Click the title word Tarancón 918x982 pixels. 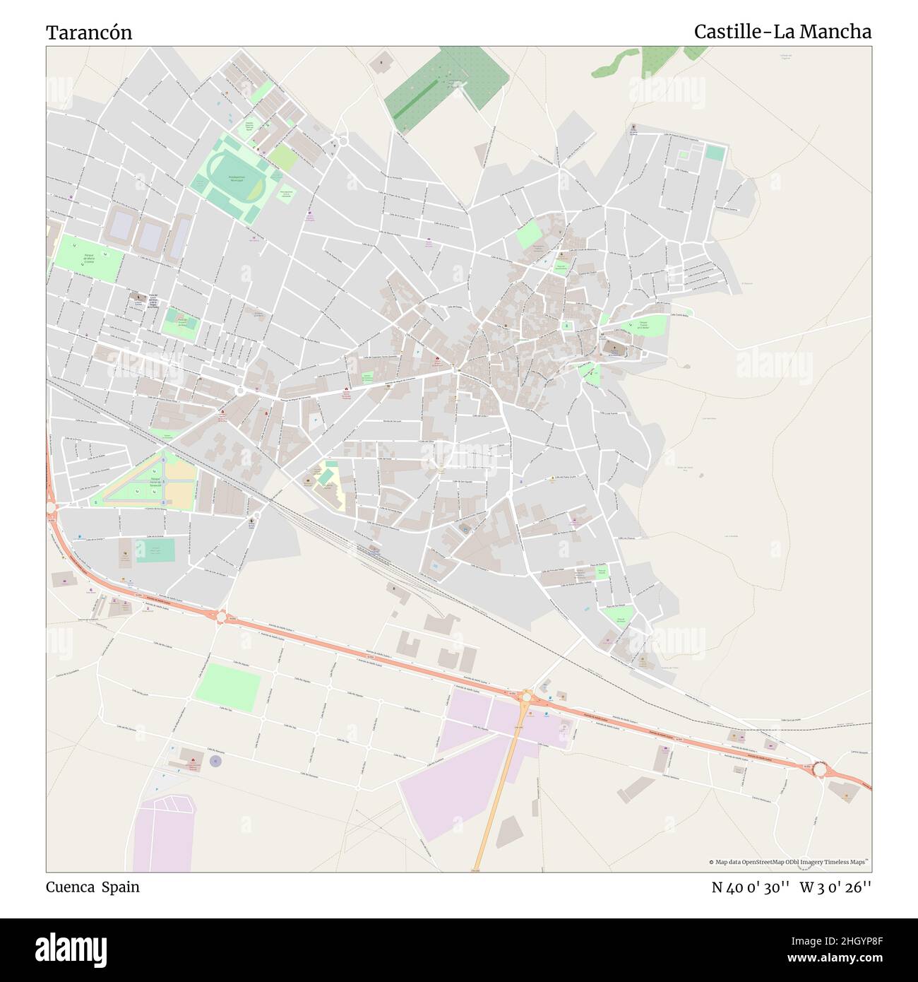coord(89,32)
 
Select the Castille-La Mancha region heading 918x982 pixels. coord(782,32)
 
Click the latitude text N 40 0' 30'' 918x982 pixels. coord(750,887)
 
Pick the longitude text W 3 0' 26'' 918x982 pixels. coord(835,887)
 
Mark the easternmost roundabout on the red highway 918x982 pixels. coord(819,768)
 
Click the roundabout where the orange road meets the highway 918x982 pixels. coord(526,697)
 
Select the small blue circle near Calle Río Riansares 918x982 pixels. coord(215,760)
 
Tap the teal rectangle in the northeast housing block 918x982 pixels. coord(715,153)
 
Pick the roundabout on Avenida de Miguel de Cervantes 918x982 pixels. coord(240,390)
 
